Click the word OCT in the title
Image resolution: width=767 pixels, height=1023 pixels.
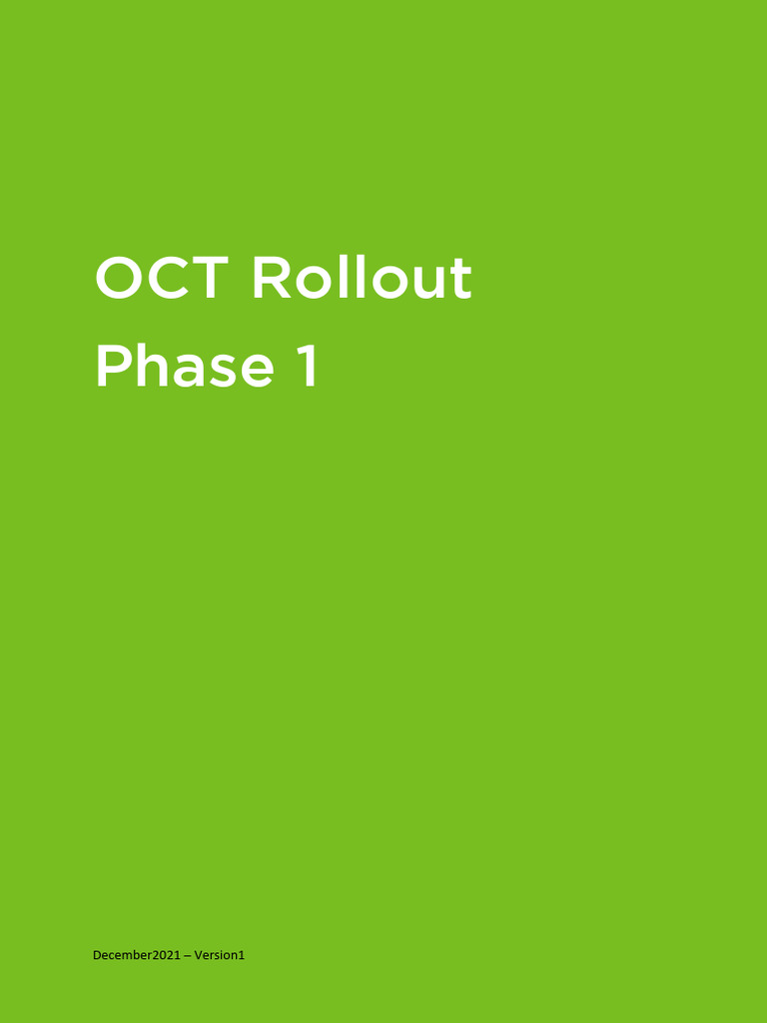[162, 278]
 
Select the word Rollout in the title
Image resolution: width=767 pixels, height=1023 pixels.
[361, 278]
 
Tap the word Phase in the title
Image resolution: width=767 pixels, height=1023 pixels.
[184, 367]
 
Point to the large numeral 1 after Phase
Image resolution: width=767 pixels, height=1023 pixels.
[307, 367]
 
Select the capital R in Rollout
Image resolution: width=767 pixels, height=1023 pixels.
[272, 278]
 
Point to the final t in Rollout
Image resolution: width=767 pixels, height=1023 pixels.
[460, 279]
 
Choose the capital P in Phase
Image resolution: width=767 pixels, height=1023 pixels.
[112, 367]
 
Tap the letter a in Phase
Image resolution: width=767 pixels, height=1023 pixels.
[190, 372]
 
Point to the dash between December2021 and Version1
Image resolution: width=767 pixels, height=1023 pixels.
[187, 956]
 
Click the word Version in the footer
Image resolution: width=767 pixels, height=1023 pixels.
[215, 956]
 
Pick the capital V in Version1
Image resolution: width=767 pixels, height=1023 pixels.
[198, 956]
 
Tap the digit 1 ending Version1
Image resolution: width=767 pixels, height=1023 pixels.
[241, 956]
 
